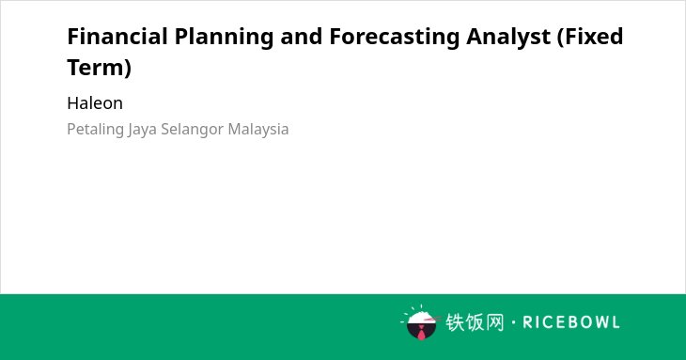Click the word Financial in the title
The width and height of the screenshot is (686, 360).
(117, 37)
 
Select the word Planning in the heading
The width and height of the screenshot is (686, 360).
(224, 38)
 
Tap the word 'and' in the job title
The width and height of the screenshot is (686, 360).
(302, 37)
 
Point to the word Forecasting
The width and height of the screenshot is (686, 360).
(394, 38)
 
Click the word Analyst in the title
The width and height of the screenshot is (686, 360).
(508, 38)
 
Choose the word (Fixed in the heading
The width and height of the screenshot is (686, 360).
(590, 38)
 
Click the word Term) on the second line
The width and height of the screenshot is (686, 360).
(100, 69)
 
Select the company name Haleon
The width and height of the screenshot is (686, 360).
(95, 103)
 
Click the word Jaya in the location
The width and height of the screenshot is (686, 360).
(142, 130)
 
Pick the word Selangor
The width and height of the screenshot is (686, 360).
(193, 130)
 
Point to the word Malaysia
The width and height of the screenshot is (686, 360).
(258, 130)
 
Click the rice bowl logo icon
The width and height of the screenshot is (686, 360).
(420, 322)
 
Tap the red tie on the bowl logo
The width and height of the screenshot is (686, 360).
(421, 334)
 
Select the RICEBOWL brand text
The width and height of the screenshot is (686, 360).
(571, 322)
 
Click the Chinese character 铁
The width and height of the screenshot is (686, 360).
(455, 322)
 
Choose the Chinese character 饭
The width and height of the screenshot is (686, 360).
(475, 322)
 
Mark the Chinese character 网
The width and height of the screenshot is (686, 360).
(494, 322)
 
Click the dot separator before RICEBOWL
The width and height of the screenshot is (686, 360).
(513, 322)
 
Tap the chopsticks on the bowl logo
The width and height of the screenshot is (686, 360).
(432, 320)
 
